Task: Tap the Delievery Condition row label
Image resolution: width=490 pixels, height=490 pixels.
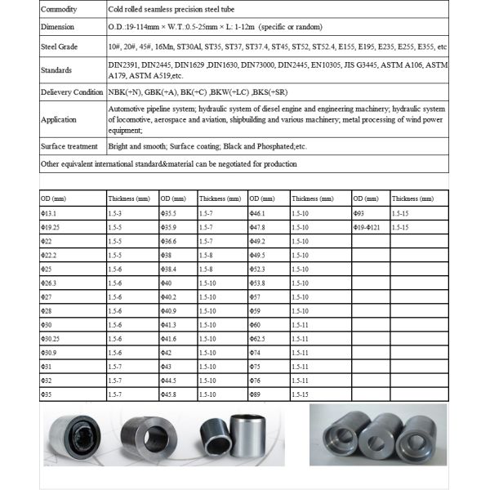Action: pyautogui.click(x=72, y=92)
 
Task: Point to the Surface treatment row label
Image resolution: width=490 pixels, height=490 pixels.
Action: pyautogui.click(x=69, y=146)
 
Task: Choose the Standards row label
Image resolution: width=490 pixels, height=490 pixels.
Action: pyautogui.click(x=56, y=70)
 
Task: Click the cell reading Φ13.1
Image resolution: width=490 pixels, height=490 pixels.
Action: pyautogui.click(x=51, y=212)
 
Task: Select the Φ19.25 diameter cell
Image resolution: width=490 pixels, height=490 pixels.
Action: pyautogui.click(x=52, y=226)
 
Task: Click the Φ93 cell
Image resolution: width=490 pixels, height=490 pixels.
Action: pyautogui.click(x=359, y=212)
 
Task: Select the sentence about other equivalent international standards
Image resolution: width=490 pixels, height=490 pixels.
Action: pyautogui.click(x=169, y=163)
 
